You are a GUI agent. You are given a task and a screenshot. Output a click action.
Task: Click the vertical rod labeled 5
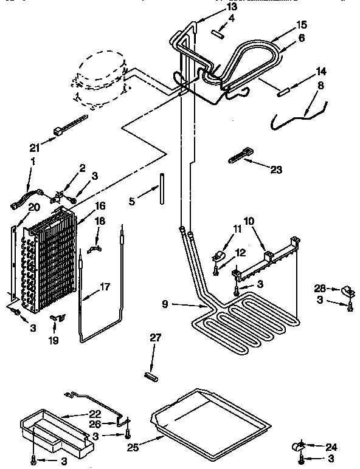click(162, 190)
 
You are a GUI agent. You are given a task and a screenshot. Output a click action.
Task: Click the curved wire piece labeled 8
click(299, 114)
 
